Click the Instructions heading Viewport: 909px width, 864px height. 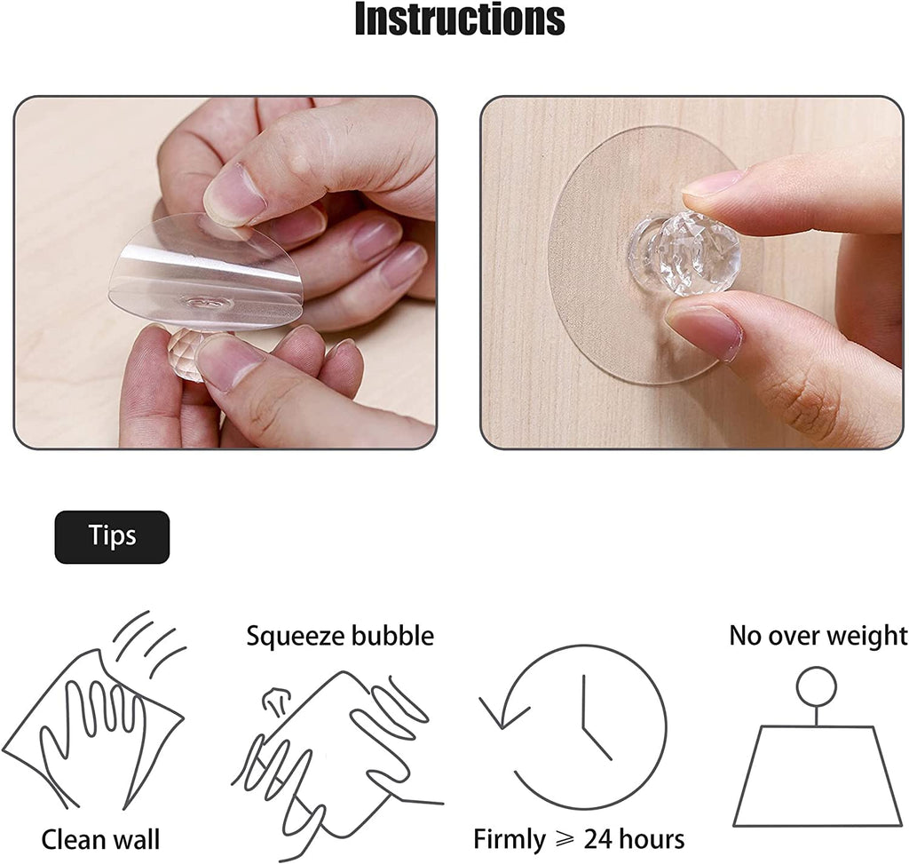[459, 20]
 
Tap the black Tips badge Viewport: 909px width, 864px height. [112, 536]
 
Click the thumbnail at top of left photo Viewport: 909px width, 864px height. [234, 193]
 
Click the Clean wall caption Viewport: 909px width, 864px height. [100, 839]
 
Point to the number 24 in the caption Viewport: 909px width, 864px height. [599, 839]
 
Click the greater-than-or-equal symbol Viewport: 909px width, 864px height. [565, 840]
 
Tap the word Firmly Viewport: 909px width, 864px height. [509, 839]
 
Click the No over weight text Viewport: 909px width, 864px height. [818, 636]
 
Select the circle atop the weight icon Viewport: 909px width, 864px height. [816, 686]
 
